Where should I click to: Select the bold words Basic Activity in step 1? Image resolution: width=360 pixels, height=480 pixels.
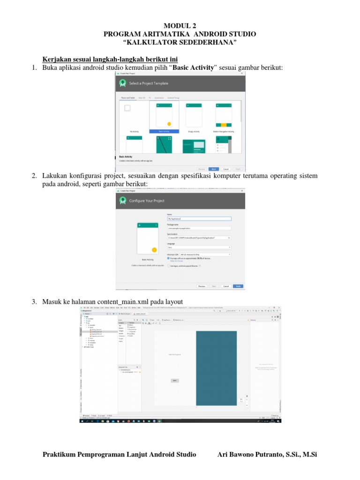click(194, 68)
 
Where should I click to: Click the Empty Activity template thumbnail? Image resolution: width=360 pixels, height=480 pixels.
click(194, 115)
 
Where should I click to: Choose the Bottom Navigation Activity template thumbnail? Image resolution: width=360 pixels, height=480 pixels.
click(224, 115)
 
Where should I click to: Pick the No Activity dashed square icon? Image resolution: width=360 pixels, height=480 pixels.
click(127, 108)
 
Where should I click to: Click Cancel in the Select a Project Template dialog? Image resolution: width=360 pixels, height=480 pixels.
click(225, 169)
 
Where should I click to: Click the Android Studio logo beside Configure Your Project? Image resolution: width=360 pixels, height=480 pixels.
click(123, 200)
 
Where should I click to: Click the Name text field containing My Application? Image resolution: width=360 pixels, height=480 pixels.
click(199, 218)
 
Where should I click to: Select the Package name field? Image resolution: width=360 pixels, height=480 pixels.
click(199, 228)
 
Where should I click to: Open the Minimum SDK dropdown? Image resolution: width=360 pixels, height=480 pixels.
click(199, 255)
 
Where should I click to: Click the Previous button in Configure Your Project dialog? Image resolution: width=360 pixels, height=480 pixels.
click(202, 285)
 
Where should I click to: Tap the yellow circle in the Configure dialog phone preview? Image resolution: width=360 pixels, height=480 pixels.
click(154, 249)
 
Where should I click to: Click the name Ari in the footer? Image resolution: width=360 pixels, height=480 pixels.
click(224, 455)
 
